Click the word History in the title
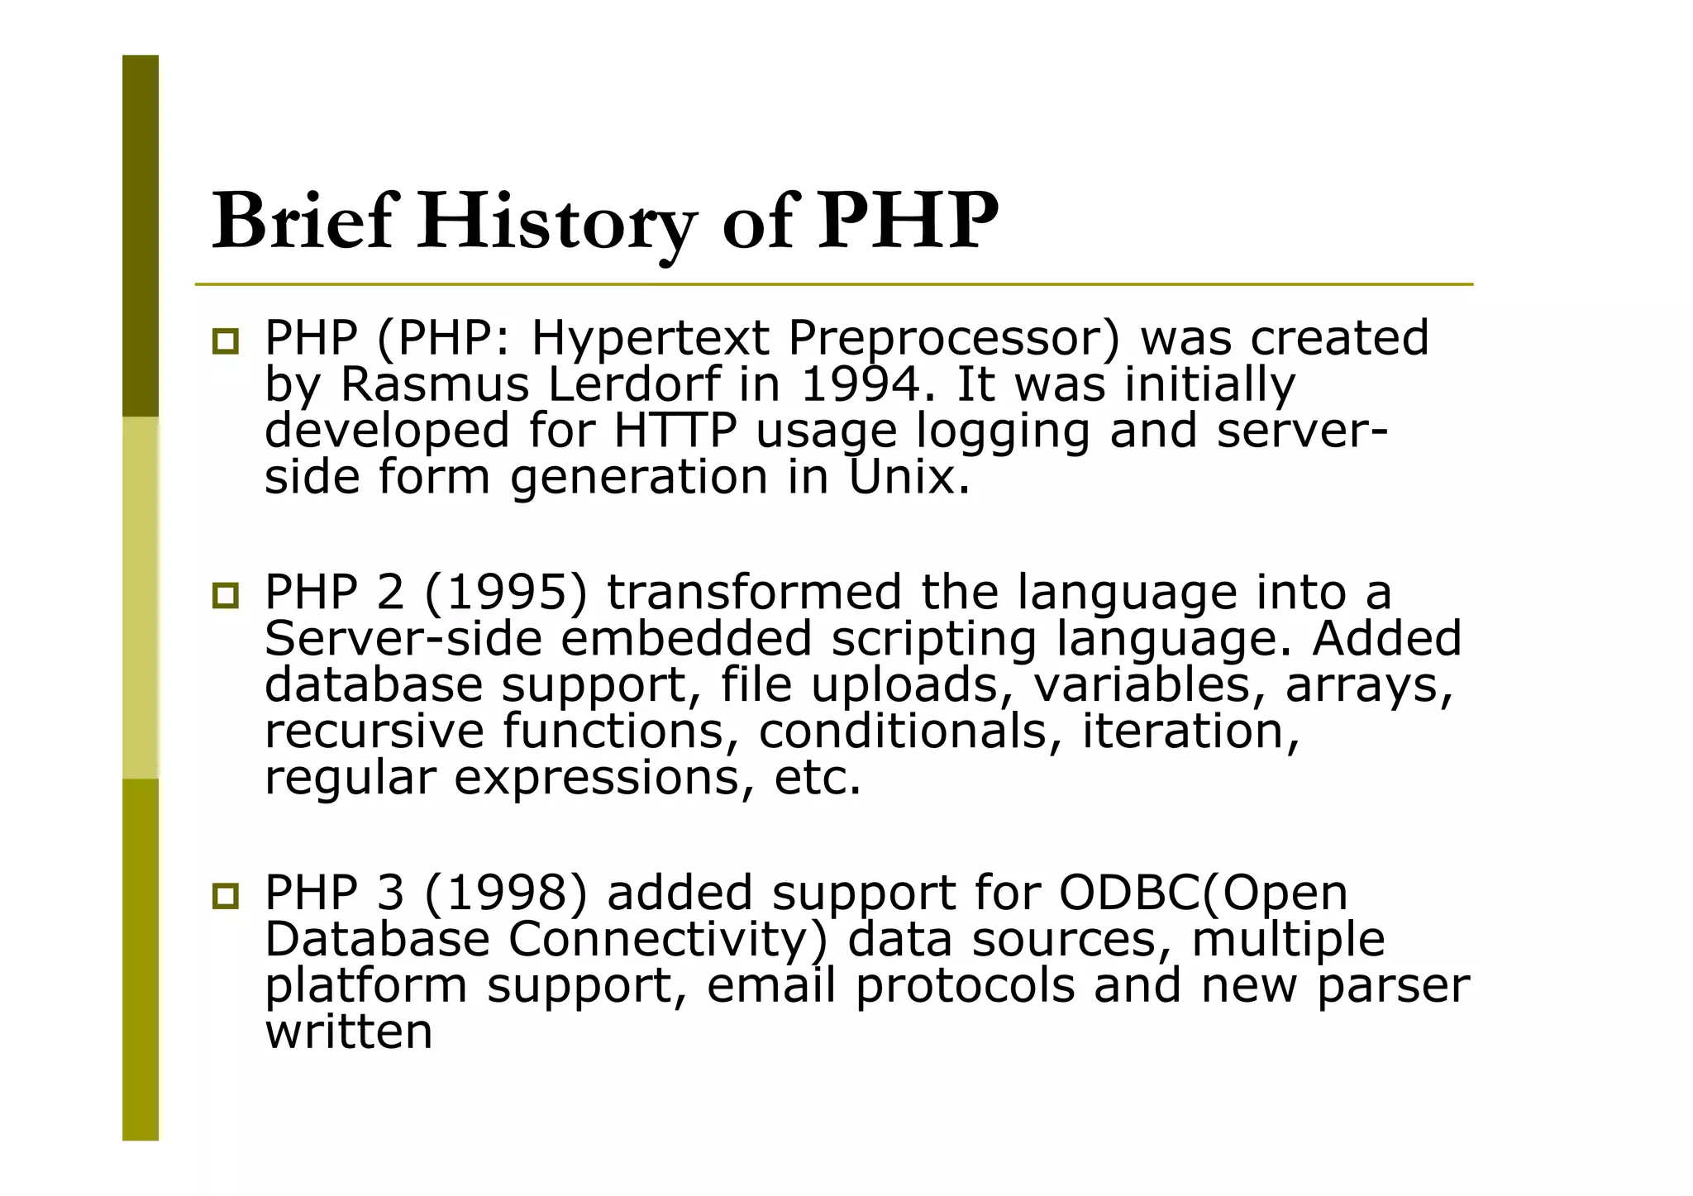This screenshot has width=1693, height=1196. [x=556, y=222]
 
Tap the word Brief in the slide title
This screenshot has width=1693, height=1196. [x=302, y=222]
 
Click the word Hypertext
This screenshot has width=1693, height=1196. [x=650, y=338]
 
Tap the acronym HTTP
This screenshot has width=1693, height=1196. [x=675, y=431]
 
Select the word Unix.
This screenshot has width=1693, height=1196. [x=908, y=477]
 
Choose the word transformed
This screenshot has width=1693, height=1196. [x=754, y=593]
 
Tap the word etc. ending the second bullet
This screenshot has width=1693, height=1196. [x=817, y=778]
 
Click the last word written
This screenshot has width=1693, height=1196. [x=348, y=1032]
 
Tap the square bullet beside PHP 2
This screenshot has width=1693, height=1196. [x=225, y=595]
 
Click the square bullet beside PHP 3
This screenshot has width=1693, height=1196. [x=225, y=896]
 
